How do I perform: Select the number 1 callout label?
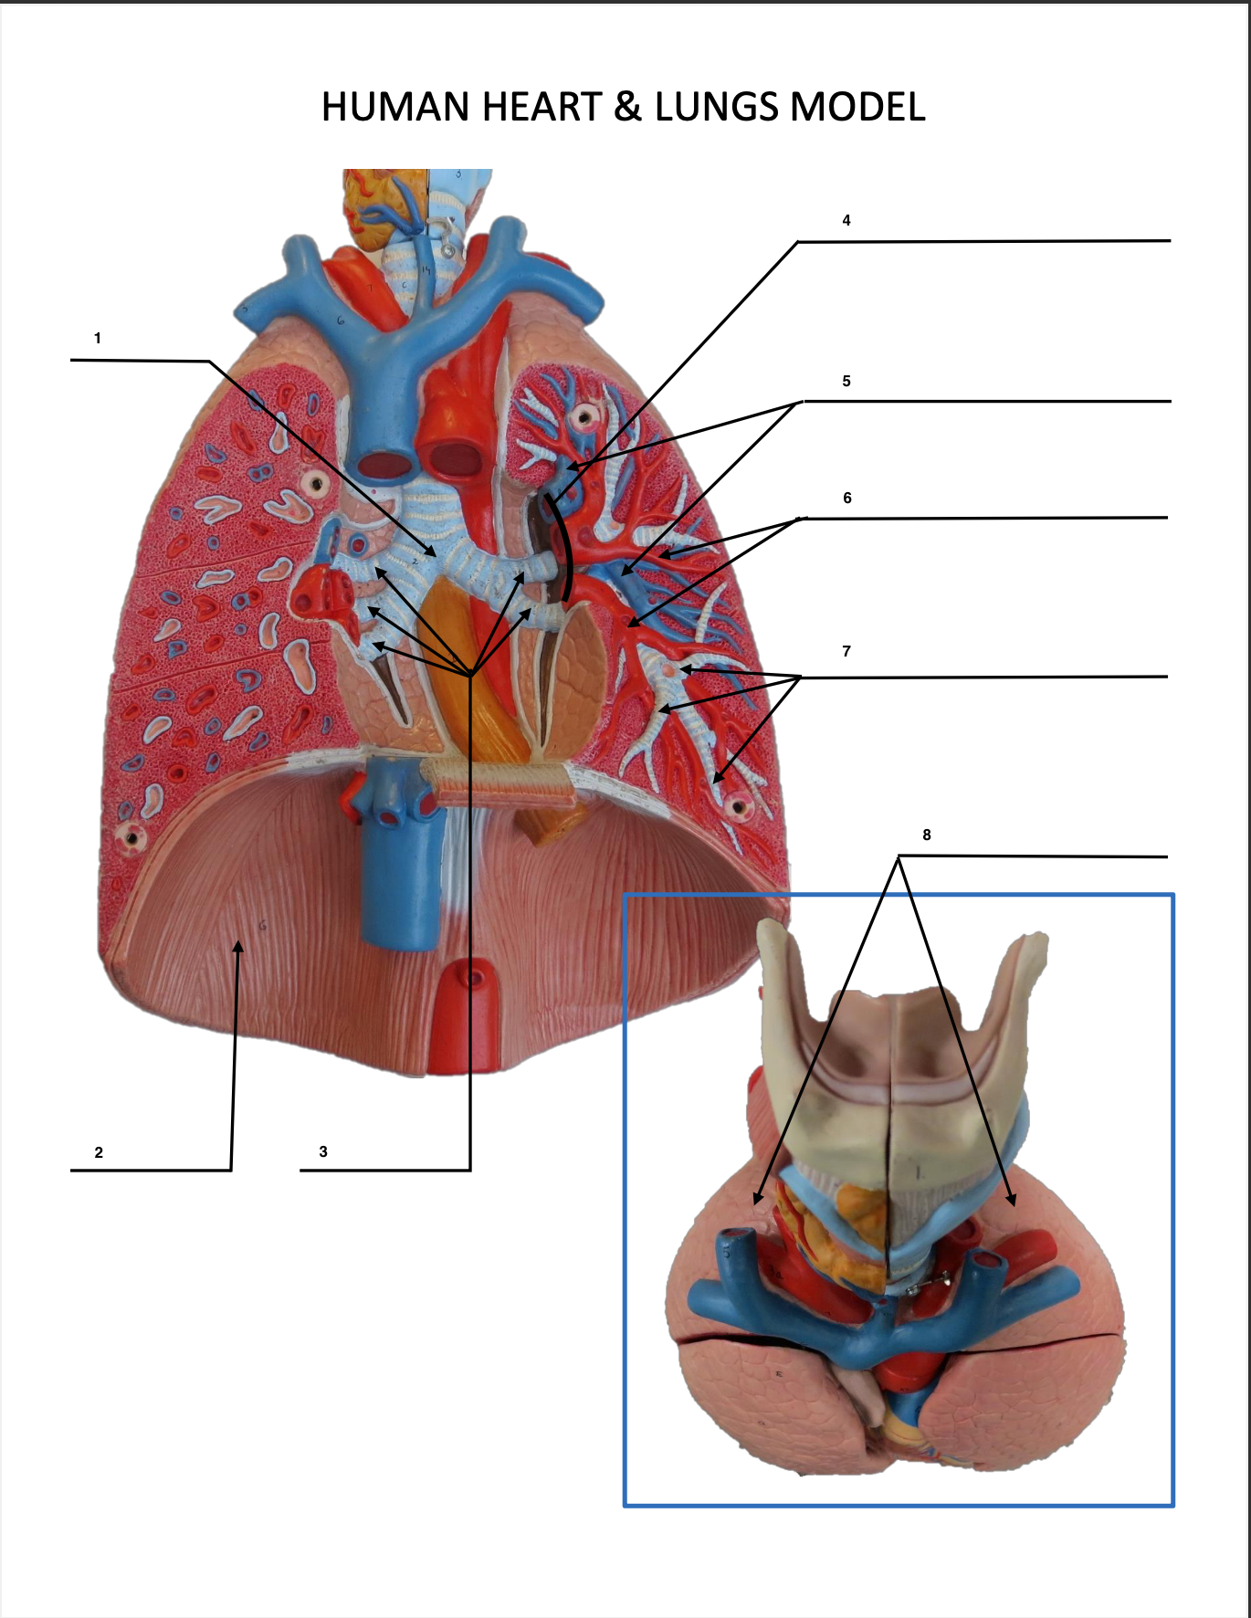[98, 339]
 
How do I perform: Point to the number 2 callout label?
[99, 1152]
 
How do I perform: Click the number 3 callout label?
[323, 1152]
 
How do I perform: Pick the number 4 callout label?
[846, 220]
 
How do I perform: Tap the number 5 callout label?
[846, 382]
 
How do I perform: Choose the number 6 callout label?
[847, 499]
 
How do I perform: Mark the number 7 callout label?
[846, 652]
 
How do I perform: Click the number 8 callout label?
[927, 835]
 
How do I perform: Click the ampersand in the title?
[627, 107]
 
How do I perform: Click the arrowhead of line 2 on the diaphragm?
[238, 947]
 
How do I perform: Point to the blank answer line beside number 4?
[986, 241]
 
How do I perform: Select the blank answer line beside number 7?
[986, 677]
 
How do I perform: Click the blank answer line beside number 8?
[1032, 856]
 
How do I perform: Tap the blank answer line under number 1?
[137, 360]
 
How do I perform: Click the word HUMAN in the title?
[396, 107]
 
